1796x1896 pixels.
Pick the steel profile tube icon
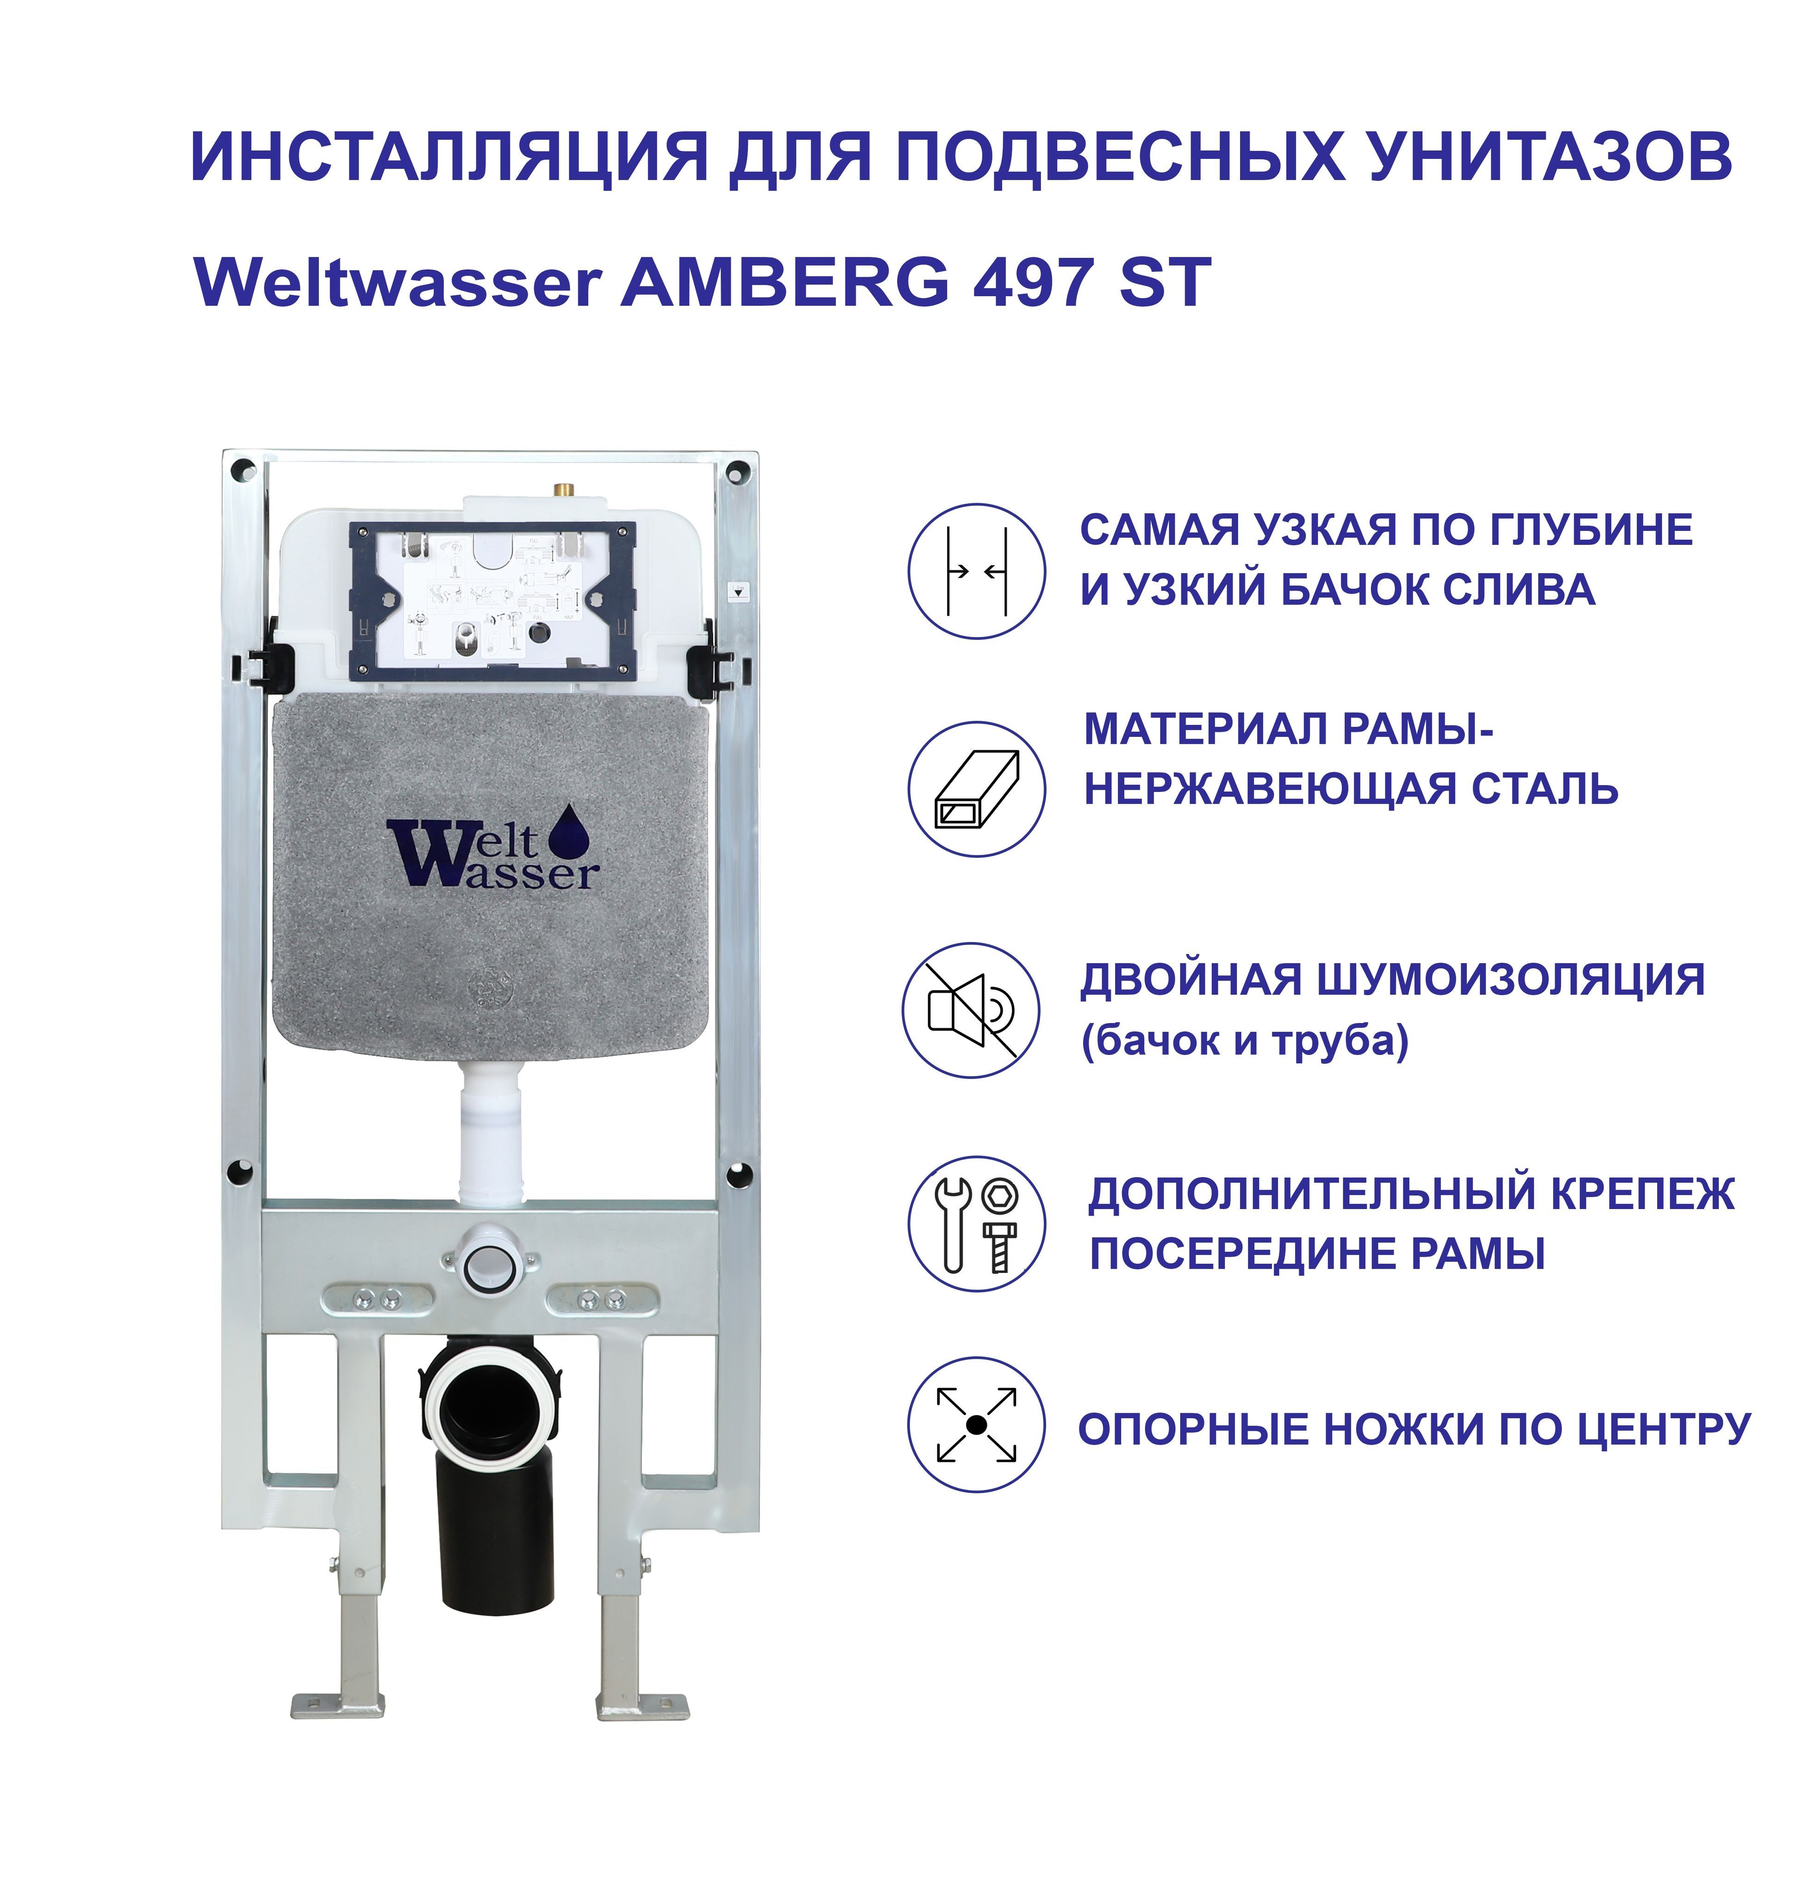point(977,789)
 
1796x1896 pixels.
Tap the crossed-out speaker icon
point(971,1011)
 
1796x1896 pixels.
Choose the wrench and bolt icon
point(977,1224)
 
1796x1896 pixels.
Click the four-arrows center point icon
point(977,1425)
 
